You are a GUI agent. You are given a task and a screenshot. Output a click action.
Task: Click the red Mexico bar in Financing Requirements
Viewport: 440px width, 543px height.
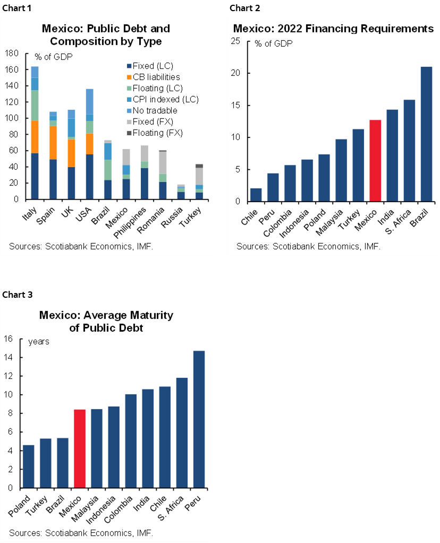coord(375,161)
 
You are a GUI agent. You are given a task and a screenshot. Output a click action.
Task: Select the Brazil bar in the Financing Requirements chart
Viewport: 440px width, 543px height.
coord(426,134)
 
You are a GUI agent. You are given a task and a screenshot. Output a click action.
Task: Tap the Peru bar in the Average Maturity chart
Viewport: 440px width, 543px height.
coord(199,419)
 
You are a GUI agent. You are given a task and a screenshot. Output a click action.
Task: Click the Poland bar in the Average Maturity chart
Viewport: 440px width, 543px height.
coord(29,466)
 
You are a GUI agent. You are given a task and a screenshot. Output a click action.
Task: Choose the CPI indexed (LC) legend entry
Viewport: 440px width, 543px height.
coord(160,99)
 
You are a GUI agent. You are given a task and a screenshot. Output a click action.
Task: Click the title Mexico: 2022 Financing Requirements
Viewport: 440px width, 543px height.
coord(334,29)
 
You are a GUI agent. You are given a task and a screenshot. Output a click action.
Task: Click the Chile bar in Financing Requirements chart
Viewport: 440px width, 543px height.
coord(256,195)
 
